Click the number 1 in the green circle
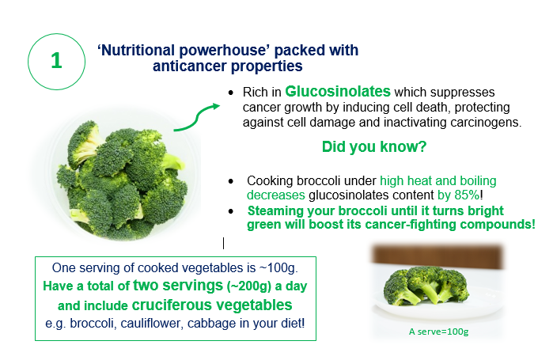point(56,61)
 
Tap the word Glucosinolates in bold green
point(338,91)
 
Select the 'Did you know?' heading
point(374,146)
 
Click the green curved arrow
point(196,117)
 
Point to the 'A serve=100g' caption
point(438,332)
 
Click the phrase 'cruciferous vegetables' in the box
point(211,305)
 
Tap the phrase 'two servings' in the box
point(178,286)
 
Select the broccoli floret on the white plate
point(426,286)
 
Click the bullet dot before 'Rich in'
point(231,93)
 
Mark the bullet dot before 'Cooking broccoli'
point(231,181)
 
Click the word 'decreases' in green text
point(276,195)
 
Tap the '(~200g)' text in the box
point(248,286)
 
